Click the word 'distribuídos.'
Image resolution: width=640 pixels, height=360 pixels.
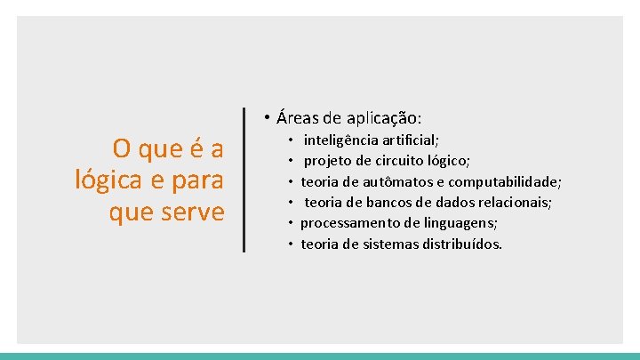point(462,244)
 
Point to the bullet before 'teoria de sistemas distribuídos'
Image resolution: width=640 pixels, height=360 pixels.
point(291,244)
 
